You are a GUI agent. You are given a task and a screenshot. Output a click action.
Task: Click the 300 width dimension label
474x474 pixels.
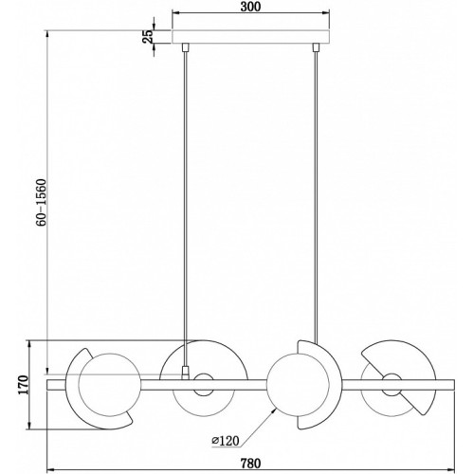click(250, 7)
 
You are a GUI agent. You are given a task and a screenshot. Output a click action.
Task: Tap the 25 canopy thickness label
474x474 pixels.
click(148, 36)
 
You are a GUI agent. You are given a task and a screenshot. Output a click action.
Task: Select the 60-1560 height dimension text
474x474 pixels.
click(41, 203)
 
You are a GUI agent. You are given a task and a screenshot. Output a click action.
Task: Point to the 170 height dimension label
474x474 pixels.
click(24, 385)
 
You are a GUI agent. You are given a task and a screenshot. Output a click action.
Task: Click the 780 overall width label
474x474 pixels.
click(251, 464)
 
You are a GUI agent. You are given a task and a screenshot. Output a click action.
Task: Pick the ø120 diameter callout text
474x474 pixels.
click(226, 441)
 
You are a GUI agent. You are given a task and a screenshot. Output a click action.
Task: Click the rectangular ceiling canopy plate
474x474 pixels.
click(251, 37)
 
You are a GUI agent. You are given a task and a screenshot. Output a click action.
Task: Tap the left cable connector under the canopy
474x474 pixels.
click(185, 47)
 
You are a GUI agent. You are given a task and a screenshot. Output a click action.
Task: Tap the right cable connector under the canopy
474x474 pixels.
click(315, 47)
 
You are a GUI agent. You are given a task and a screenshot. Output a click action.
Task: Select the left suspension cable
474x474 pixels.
click(186, 209)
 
